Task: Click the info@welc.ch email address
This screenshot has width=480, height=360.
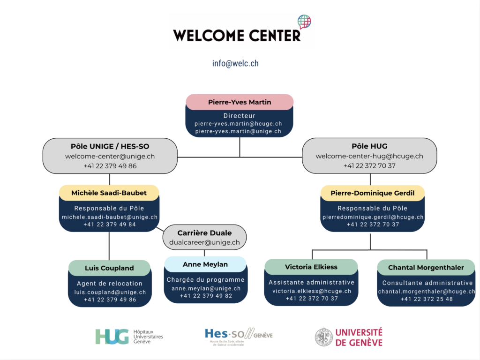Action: tap(235, 63)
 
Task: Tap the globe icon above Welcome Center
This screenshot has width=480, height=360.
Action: tap(304, 22)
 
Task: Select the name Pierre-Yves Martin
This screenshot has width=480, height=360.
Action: tap(240, 102)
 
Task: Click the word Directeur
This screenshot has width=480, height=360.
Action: tap(240, 115)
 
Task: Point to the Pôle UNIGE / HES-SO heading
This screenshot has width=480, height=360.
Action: tap(110, 146)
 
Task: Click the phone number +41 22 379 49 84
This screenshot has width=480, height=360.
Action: tap(110, 224)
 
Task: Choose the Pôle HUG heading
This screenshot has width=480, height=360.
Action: tap(369, 146)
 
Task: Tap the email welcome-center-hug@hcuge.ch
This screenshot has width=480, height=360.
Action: tap(369, 156)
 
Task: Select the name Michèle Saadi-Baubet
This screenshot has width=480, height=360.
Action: tap(109, 193)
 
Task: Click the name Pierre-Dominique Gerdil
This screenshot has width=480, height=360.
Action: tap(373, 193)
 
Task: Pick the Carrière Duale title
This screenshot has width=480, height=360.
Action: tap(204, 233)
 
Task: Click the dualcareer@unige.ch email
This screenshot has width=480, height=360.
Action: tap(204, 242)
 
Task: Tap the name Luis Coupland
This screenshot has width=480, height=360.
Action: tap(109, 268)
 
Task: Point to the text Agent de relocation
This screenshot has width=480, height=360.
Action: tap(110, 283)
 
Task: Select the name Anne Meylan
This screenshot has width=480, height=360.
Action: tap(205, 264)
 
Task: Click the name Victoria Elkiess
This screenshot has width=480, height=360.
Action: tap(311, 267)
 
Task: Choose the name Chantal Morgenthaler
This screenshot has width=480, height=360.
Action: tap(426, 268)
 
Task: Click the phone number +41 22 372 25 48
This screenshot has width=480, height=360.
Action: tap(427, 299)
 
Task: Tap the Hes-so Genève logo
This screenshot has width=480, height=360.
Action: tap(239, 336)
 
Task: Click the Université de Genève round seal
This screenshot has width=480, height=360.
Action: tap(323, 337)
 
